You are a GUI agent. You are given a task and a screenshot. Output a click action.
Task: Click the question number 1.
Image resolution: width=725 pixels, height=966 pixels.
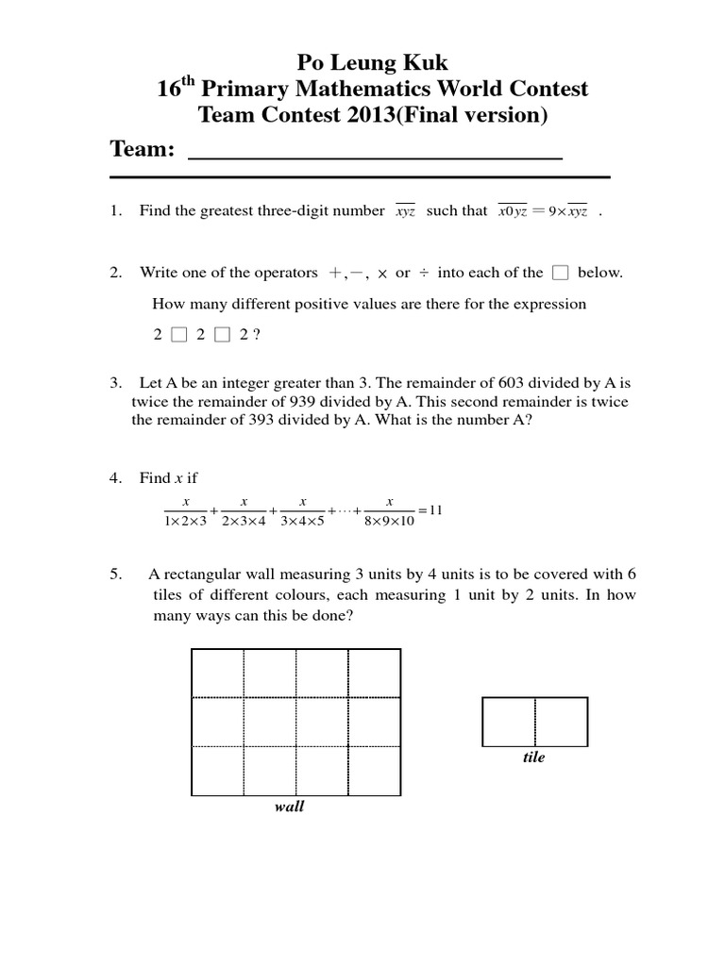pyautogui.click(x=114, y=211)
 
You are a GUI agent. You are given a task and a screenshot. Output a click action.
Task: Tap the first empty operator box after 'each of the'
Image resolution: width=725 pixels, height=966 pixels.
pyautogui.click(x=560, y=274)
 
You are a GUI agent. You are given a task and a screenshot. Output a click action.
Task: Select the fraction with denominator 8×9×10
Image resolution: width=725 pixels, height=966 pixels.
pyautogui.click(x=389, y=510)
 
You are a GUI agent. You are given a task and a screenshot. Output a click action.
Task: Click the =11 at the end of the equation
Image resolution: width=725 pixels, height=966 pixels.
pyautogui.click(x=430, y=510)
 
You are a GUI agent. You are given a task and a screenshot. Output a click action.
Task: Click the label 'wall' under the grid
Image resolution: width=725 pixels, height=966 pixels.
pyautogui.click(x=289, y=807)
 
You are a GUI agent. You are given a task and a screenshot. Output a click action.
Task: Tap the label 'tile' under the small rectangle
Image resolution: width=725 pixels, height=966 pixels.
pyautogui.click(x=534, y=758)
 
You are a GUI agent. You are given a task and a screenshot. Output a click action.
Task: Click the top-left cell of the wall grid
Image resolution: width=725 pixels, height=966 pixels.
pyautogui.click(x=218, y=673)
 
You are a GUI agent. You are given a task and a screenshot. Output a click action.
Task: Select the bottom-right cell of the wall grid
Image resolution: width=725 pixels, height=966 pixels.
pyautogui.click(x=374, y=770)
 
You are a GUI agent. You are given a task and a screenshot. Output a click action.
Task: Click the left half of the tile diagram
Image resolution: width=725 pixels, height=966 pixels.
pyautogui.click(x=509, y=722)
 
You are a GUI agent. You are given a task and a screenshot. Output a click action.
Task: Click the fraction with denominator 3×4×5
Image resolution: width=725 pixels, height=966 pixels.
pyautogui.click(x=302, y=510)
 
